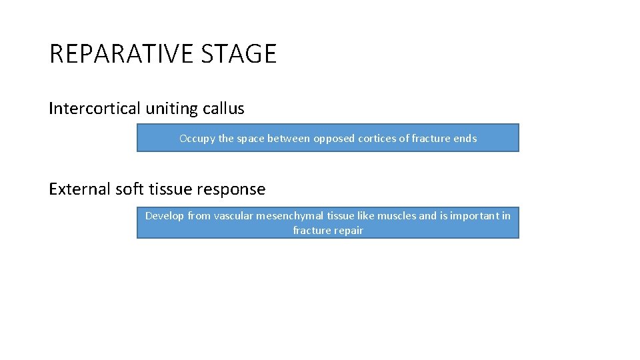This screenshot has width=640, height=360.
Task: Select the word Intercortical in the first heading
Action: click(x=94, y=108)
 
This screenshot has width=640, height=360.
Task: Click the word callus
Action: click(x=223, y=108)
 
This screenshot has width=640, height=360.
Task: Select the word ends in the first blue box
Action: click(x=465, y=139)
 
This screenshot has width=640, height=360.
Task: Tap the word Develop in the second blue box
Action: click(x=165, y=216)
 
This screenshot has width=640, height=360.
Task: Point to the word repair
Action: click(x=348, y=231)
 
